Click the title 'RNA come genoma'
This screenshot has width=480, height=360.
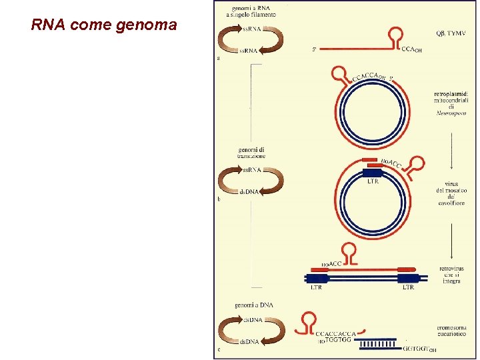tap(104, 25)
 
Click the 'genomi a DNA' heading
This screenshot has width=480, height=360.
tap(253, 305)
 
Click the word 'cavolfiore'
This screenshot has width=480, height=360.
tap(451, 203)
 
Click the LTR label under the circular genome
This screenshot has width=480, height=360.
tap(373, 181)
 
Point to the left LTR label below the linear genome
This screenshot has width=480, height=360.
tap(318, 287)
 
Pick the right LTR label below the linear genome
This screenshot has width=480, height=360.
tap(407, 287)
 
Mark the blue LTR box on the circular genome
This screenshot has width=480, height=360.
tap(373, 172)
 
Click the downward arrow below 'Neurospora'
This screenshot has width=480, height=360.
tap(451, 143)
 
